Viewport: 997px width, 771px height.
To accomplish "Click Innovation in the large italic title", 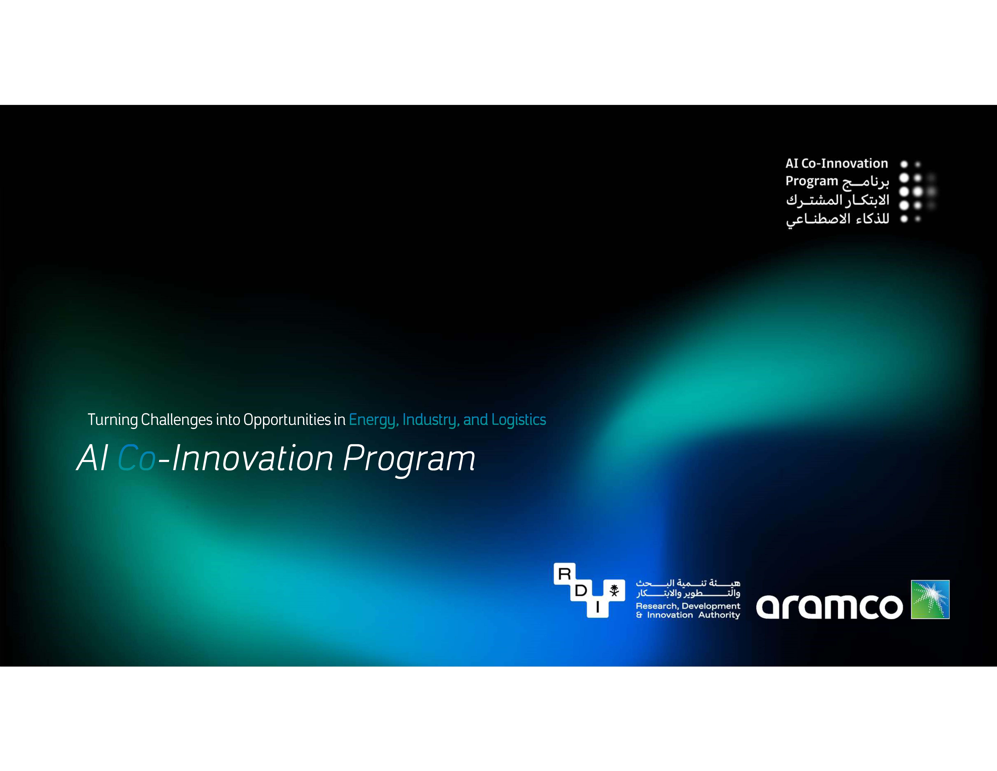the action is click(x=252, y=458).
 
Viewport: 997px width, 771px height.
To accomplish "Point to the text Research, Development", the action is click(x=688, y=606).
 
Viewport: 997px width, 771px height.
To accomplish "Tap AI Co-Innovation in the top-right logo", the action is click(x=837, y=164).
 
